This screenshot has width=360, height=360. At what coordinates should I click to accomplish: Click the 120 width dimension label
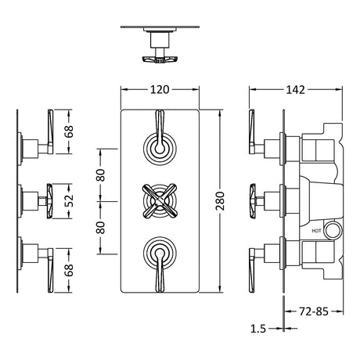(x=160, y=89)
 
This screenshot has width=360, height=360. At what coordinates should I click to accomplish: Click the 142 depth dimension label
(x=296, y=90)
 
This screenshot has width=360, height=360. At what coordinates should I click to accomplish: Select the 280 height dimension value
(x=221, y=201)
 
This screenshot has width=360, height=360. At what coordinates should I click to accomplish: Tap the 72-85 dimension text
(x=314, y=311)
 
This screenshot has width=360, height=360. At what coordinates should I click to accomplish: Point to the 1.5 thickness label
(x=258, y=329)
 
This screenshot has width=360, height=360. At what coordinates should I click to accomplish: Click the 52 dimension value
(x=69, y=200)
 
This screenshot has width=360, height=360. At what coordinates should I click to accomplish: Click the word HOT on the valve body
(x=316, y=231)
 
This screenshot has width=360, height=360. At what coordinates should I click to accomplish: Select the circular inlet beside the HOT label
(x=333, y=230)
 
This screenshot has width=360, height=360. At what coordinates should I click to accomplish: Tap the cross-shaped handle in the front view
(x=160, y=201)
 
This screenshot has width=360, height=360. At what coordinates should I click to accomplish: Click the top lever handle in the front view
(x=160, y=131)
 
